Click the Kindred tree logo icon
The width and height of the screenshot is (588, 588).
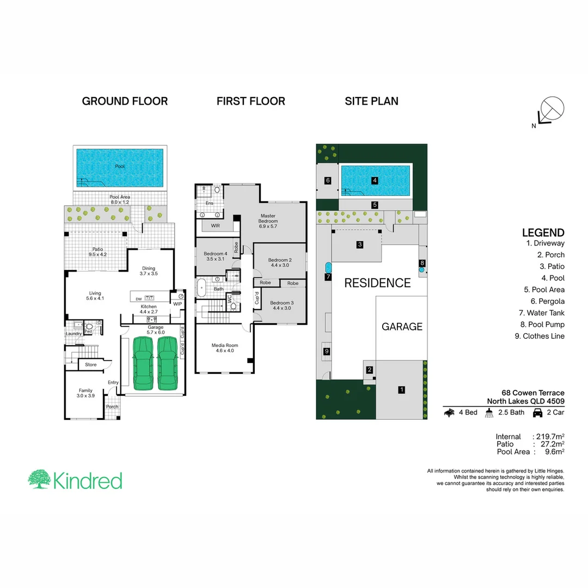coord(39,479)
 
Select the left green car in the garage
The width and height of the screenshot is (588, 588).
coord(142,363)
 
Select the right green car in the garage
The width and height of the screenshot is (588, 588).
coord(168,363)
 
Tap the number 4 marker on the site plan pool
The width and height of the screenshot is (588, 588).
coord(375,180)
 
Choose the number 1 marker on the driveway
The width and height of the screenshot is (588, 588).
coord(401,389)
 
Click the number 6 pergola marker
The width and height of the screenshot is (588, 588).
coord(328,180)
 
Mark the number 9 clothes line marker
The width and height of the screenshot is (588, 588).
coord(327,352)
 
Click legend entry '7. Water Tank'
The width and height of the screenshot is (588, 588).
coord(542,313)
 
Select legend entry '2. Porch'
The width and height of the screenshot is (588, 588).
coord(550,255)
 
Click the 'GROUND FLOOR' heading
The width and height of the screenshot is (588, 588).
coord(125,101)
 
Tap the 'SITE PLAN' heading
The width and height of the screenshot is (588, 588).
coord(371,101)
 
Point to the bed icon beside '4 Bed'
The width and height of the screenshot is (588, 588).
coord(450,413)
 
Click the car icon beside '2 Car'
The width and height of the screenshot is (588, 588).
coord(537,413)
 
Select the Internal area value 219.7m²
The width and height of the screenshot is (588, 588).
coord(550,437)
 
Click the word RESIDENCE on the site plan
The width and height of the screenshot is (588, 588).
coord(377,283)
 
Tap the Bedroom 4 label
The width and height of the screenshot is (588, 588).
coord(215,256)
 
